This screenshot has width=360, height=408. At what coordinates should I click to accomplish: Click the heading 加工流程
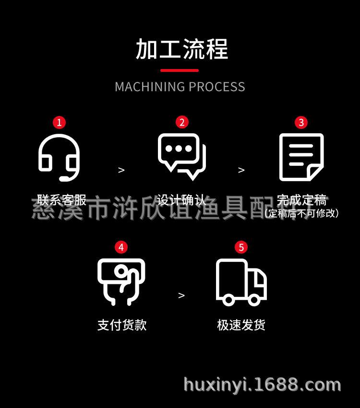181,49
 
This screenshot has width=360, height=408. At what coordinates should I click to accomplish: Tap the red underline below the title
180,71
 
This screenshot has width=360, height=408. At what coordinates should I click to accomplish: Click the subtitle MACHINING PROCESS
180,87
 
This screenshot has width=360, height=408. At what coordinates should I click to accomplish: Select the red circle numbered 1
60,122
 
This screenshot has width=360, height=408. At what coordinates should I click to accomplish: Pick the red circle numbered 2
181,122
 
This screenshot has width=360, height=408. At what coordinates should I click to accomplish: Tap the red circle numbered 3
301,122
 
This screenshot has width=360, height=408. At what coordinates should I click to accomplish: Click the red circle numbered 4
121,247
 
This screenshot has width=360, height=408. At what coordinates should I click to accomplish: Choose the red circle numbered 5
241,247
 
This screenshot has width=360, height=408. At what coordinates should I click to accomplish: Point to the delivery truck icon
241,282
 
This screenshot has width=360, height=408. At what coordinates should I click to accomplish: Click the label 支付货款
122,325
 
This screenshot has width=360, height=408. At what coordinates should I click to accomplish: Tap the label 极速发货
241,325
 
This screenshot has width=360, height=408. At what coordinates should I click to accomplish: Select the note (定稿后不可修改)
302,213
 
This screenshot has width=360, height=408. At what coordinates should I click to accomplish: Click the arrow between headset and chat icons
121,170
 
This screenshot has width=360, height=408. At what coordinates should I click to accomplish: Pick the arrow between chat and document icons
241,170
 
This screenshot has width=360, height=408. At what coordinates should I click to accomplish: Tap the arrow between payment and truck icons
181,295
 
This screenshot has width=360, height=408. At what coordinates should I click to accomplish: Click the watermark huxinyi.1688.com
263,385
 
